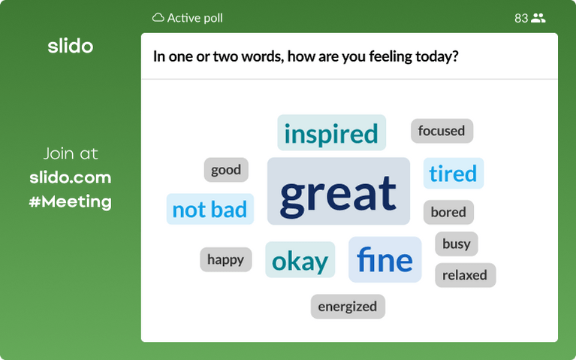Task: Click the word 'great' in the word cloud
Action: [x=338, y=192]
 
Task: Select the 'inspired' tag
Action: [x=331, y=133]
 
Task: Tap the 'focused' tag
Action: [x=442, y=131]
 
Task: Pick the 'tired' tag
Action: [x=453, y=174]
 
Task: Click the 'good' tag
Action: [x=226, y=170]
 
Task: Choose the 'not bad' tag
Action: [x=210, y=209]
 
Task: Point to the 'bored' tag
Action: [x=448, y=212]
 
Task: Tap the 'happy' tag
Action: [x=225, y=259]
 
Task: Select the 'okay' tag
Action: [x=300, y=260]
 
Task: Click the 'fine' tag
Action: [x=385, y=259]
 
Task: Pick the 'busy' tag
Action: [x=456, y=244]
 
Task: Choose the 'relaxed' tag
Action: [x=465, y=275]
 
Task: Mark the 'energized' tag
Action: [x=348, y=306]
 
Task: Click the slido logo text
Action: [x=71, y=46]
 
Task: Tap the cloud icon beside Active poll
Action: [x=158, y=17]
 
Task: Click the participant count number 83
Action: [x=521, y=18]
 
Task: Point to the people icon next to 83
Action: [x=538, y=18]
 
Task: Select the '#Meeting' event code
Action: [x=71, y=201]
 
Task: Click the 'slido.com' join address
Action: [x=71, y=177]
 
